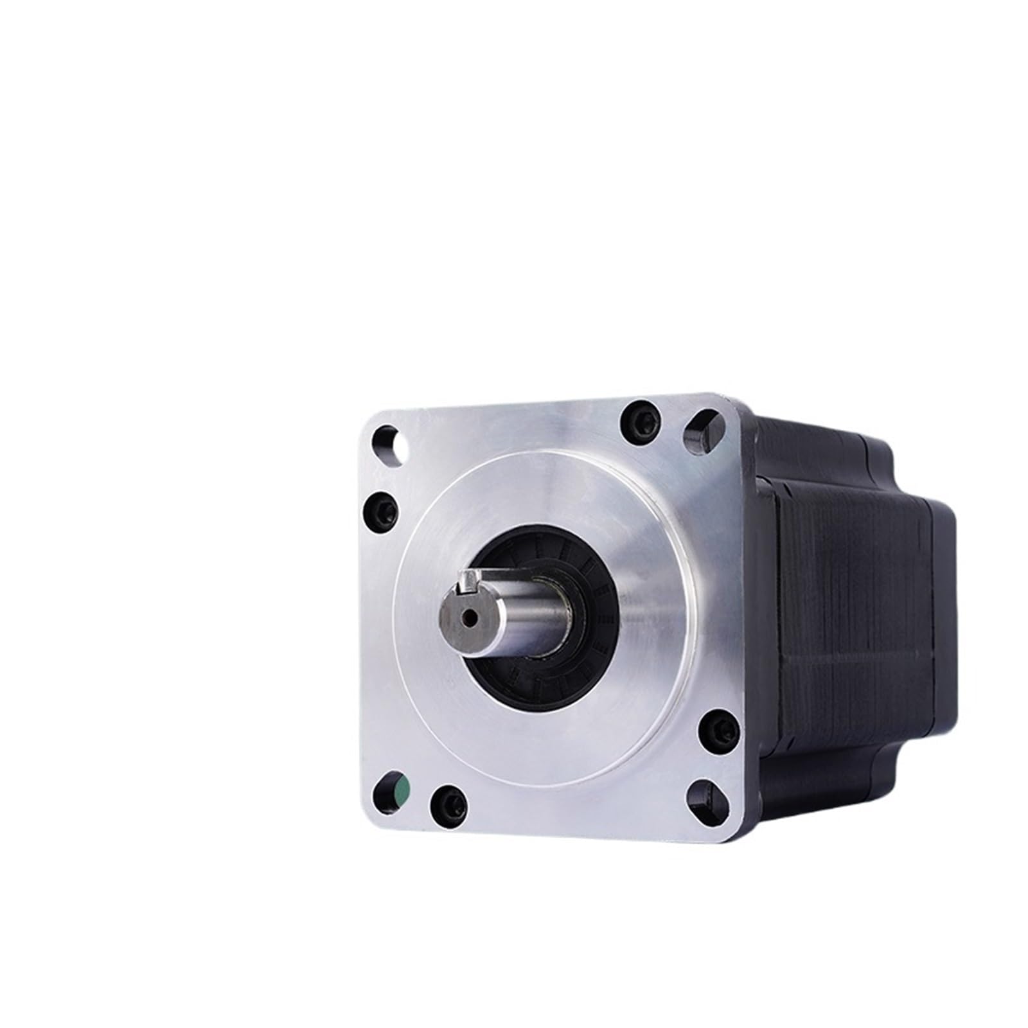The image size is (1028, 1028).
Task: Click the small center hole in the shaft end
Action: pyautogui.click(x=472, y=617)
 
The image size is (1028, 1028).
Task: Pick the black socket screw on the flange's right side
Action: pyautogui.click(x=716, y=729)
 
